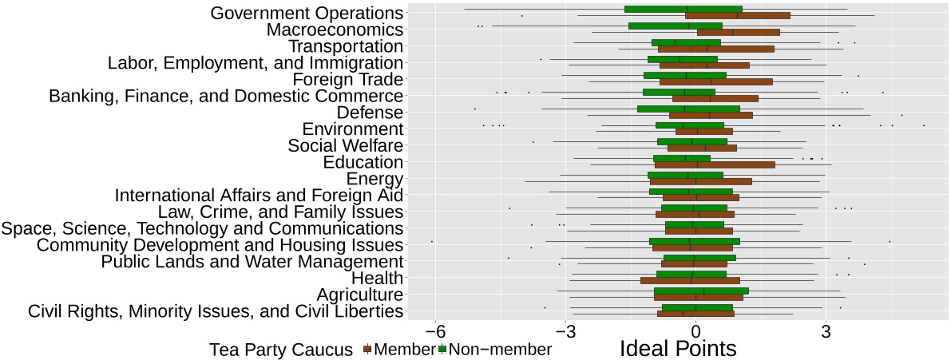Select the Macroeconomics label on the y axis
[x=335, y=30]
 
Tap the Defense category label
[x=370, y=113]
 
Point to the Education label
[x=363, y=162]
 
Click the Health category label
[x=377, y=278]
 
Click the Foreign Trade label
[x=347, y=80]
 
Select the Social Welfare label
[x=345, y=146]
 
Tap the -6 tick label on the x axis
[x=435, y=330]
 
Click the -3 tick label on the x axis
[x=565, y=330]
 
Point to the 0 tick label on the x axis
[x=695, y=330]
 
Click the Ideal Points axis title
[x=678, y=349]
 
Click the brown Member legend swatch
[x=368, y=350]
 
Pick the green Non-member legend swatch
[x=441, y=350]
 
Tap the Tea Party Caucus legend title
[x=281, y=350]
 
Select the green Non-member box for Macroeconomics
[x=675, y=26]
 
